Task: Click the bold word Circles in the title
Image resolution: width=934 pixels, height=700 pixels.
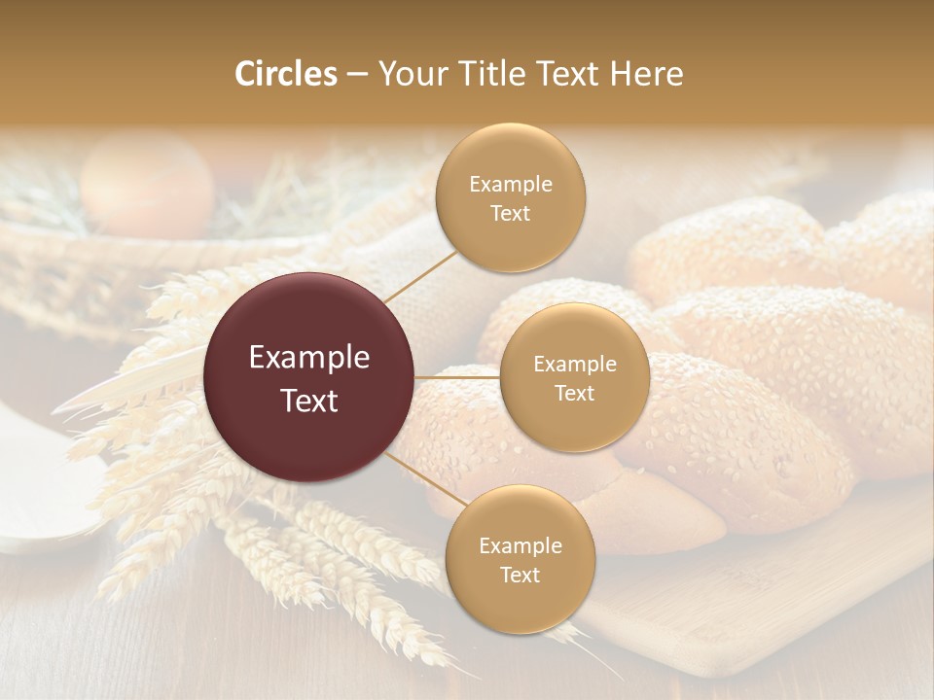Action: click(x=286, y=74)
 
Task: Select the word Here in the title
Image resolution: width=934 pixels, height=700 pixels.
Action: click(x=647, y=74)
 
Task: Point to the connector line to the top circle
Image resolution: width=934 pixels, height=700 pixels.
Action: click(x=421, y=276)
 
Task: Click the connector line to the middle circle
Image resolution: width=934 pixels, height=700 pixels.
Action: click(x=457, y=377)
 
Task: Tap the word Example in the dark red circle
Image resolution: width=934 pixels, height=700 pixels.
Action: click(x=309, y=358)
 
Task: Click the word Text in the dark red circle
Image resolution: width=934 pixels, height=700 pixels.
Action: click(x=309, y=401)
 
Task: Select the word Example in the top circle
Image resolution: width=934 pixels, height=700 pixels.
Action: click(x=510, y=185)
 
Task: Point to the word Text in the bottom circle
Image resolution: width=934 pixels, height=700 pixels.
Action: click(x=520, y=575)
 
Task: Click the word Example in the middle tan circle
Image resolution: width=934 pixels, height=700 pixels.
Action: click(x=574, y=365)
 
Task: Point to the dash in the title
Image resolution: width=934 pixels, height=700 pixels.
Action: click(x=356, y=75)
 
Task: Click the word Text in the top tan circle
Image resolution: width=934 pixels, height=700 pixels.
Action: click(x=510, y=214)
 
